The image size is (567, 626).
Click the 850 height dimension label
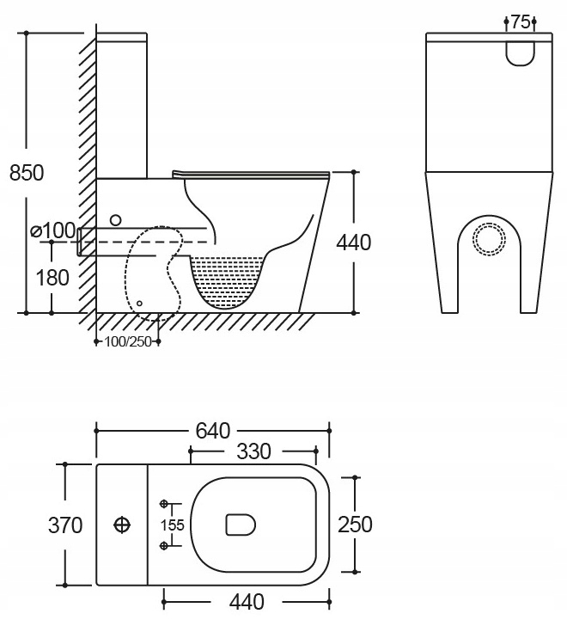pyautogui.click(x=26, y=172)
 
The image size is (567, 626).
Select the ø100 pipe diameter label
pyautogui.click(x=52, y=230)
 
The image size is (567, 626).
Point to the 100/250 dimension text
pyautogui.click(x=127, y=341)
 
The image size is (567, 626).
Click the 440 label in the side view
pyautogui.click(x=353, y=243)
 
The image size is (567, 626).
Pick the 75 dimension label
pyautogui.click(x=521, y=23)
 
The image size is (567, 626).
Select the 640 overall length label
pyautogui.click(x=212, y=429)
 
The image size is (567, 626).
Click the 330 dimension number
pyautogui.click(x=253, y=451)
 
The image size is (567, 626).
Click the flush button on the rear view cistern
pyautogui.click(x=520, y=52)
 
